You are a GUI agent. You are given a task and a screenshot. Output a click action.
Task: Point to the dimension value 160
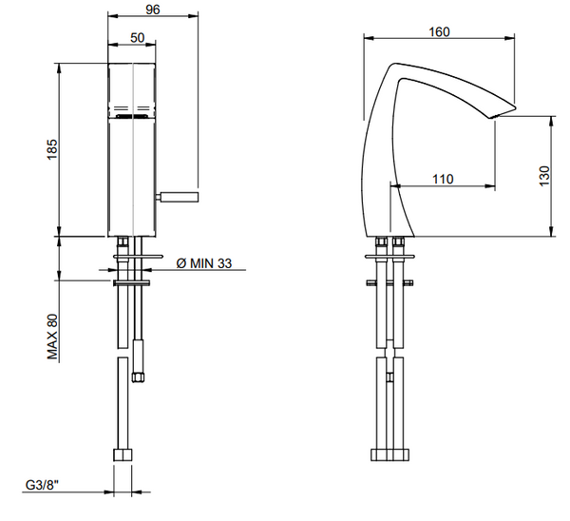tap(438, 31)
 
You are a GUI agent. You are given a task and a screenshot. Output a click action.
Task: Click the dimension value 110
tap(442, 177)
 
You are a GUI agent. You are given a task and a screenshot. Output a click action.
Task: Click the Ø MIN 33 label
tap(205, 262)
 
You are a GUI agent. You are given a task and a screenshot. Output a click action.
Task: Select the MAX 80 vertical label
tap(53, 337)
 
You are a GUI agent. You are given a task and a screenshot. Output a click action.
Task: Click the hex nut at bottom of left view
tap(124, 453)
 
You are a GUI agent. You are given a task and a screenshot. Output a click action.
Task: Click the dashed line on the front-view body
tap(132, 106)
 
